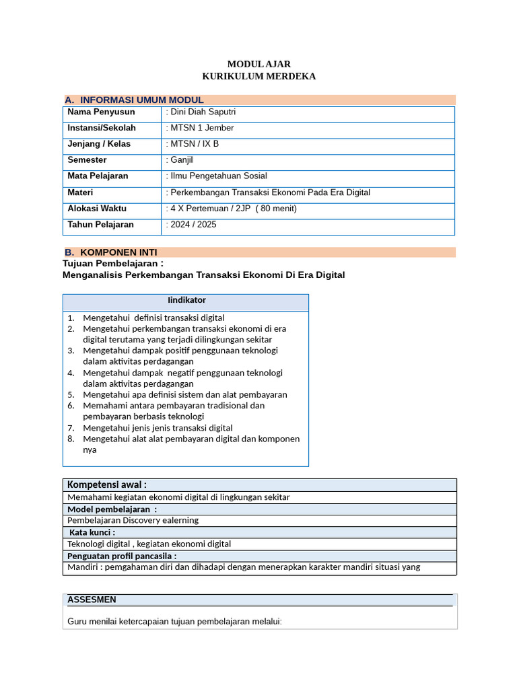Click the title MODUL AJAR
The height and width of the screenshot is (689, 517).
coord(258,64)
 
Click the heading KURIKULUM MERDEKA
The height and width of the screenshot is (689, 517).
coord(258,76)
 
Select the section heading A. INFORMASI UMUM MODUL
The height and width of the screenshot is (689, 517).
coord(134,100)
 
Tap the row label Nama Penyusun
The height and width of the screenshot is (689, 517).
coord(101,112)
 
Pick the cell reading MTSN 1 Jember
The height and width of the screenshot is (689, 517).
coord(200,128)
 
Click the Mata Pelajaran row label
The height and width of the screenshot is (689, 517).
coord(98,176)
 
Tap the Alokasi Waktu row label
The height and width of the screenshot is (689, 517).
coord(97,209)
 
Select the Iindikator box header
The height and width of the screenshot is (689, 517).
coord(186,300)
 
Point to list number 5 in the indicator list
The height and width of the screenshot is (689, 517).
coord(71,395)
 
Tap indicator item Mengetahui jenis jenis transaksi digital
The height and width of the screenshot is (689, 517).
coord(158,428)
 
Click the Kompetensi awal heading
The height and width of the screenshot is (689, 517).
coord(106,484)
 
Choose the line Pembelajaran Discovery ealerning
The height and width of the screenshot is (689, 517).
coord(133,520)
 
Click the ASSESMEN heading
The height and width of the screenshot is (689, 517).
coord(92,600)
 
